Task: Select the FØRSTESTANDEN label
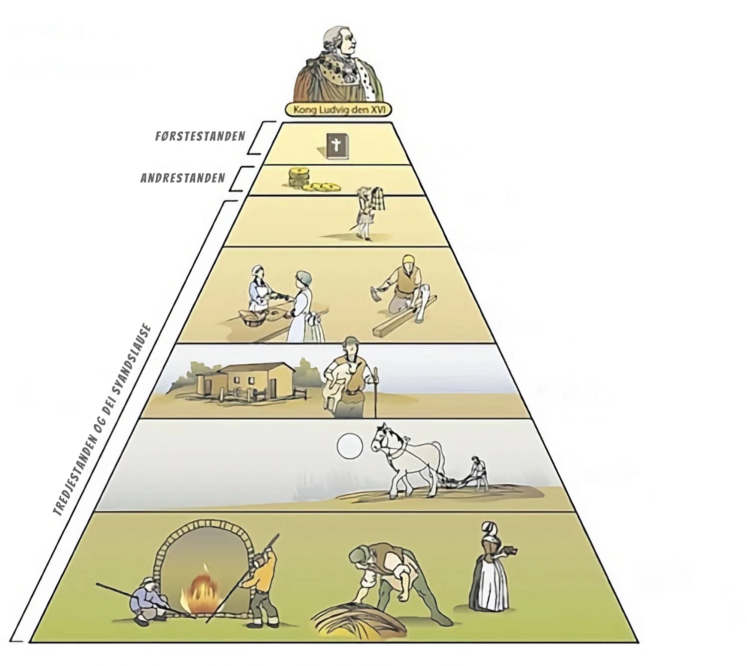[200, 136]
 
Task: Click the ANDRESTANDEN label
[182, 178]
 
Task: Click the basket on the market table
[252, 319]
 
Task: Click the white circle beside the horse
[350, 446]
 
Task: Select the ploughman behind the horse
[478, 473]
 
